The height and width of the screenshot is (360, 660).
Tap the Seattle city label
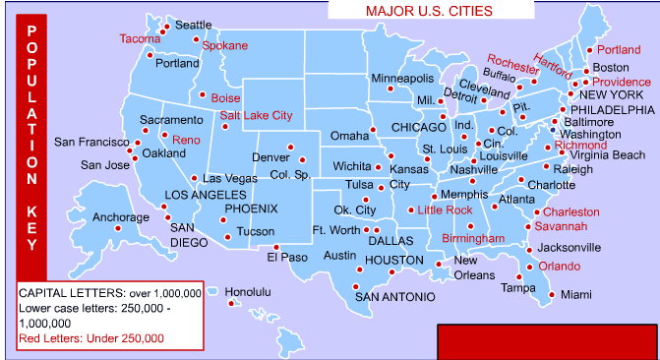pos(193,25)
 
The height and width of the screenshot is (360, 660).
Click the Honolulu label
pos(248,292)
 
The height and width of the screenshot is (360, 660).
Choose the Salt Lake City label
pos(256,115)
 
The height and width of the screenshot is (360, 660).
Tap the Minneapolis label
pos(402,78)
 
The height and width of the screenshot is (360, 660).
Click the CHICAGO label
pos(419,128)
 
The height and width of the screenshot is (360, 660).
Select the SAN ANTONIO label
pos(393,296)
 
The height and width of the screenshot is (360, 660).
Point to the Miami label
pos(576,294)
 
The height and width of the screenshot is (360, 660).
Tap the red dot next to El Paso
pos(277,247)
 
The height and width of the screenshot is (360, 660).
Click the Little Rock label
pos(445,210)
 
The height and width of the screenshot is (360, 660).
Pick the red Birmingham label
pos(473,238)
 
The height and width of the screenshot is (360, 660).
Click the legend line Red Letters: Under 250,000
pos(90,338)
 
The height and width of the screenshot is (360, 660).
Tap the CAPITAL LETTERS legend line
pos(110,293)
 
